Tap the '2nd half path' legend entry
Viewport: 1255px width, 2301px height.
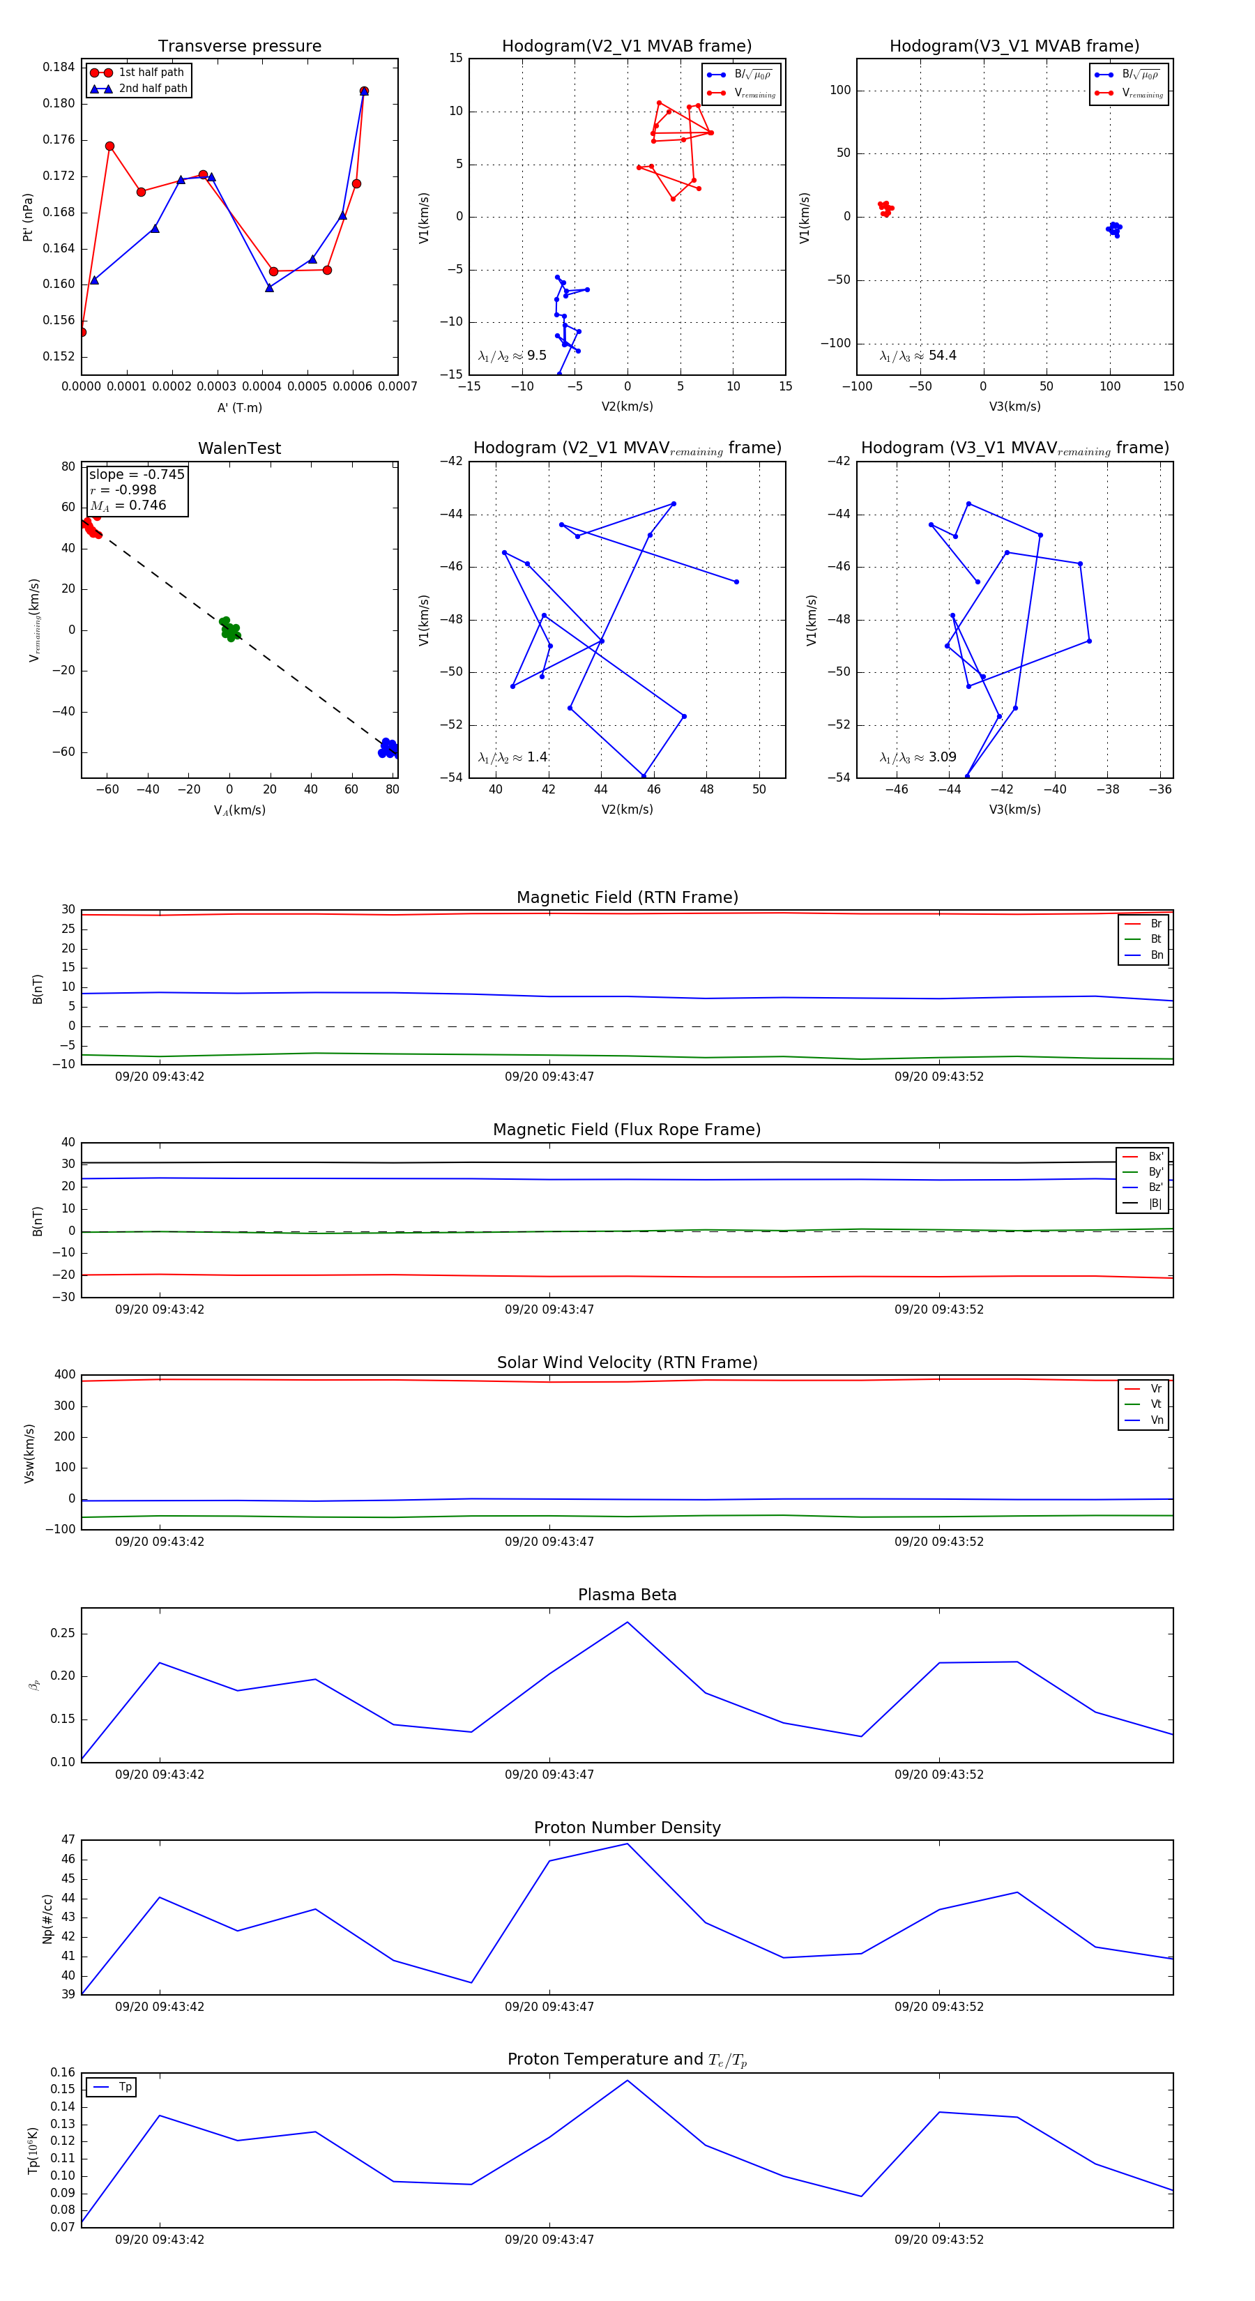(x=153, y=89)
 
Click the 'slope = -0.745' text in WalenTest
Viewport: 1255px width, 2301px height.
(x=137, y=474)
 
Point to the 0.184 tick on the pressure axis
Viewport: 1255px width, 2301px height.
(x=59, y=67)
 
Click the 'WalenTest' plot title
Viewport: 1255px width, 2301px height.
(x=239, y=448)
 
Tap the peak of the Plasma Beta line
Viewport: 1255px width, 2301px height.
(x=627, y=1622)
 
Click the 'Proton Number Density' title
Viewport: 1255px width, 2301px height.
(x=627, y=1828)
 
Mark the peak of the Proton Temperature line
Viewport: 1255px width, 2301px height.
(x=627, y=2081)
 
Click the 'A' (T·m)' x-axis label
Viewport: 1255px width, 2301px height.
(x=239, y=407)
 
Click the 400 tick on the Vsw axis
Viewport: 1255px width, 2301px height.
(x=66, y=1375)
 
